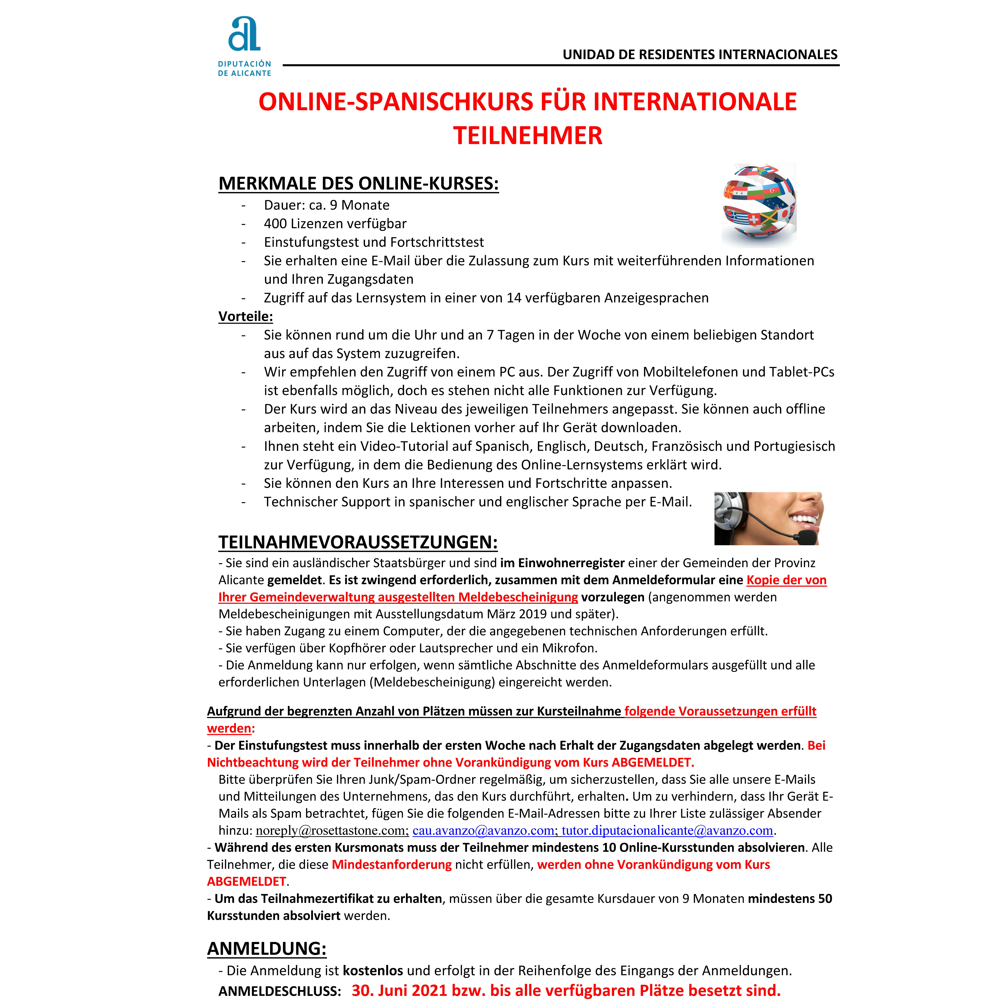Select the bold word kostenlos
(x=373, y=971)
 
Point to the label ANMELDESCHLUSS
(x=280, y=991)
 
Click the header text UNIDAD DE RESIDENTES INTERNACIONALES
(x=700, y=54)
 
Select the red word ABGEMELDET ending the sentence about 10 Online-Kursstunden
(x=246, y=881)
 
